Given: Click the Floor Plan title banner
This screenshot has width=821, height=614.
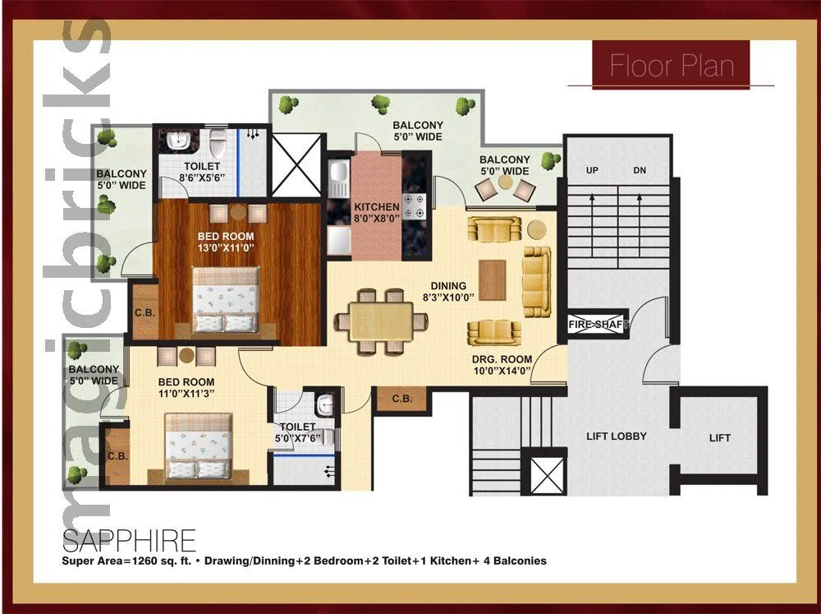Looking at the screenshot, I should point(672,65).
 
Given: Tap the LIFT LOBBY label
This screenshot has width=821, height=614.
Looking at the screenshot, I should point(616,436).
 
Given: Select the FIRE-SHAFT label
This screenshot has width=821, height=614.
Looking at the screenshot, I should point(599,325).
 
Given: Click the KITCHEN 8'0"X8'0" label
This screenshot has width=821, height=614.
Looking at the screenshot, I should point(377,212).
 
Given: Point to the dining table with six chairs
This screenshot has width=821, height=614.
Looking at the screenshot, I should point(380,321).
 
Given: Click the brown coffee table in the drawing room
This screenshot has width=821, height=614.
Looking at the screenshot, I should point(493,280).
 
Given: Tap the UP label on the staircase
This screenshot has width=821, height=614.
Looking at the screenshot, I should point(592,171).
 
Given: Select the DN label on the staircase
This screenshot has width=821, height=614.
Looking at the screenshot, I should point(640,171).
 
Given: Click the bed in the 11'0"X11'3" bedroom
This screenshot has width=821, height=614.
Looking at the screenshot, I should point(199,445).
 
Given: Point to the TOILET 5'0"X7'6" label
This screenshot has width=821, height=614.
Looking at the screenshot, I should point(297,432).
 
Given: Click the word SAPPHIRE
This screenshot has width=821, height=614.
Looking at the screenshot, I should point(129,541).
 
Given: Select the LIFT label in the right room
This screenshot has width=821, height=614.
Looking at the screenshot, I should point(719,438).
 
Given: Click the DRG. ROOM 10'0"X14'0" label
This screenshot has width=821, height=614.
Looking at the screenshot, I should point(502,365).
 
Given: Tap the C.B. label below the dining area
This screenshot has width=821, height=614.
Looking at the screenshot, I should point(401,399).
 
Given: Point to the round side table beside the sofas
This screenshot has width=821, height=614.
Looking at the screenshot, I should point(537,229).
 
